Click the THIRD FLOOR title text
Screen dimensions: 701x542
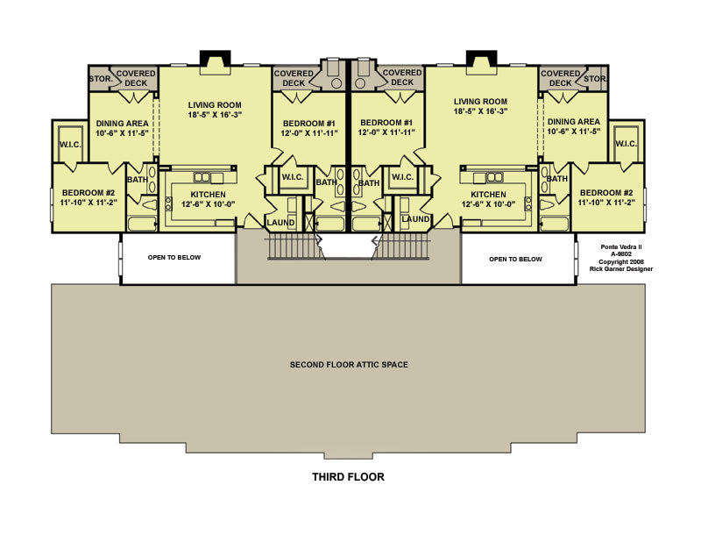(x=348, y=476)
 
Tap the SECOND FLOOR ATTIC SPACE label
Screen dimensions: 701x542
(x=349, y=365)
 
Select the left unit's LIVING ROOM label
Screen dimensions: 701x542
(x=215, y=105)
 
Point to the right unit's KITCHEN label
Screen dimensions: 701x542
(x=488, y=195)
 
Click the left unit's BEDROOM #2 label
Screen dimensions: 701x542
(x=89, y=193)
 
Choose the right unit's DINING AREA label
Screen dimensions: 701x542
(x=574, y=122)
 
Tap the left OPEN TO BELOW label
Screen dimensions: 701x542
(x=174, y=257)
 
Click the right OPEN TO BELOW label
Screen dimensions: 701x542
(x=515, y=259)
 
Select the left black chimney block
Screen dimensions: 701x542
(x=215, y=58)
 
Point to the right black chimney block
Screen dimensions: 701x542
(x=481, y=58)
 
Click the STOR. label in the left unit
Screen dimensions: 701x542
(x=101, y=79)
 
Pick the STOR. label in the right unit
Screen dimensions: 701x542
(x=595, y=79)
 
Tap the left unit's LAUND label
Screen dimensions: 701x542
(x=280, y=223)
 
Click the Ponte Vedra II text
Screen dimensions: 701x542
(x=621, y=247)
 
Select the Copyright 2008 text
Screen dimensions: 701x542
(x=621, y=262)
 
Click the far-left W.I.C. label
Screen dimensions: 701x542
(x=70, y=145)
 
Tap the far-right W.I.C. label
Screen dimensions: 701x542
(x=626, y=144)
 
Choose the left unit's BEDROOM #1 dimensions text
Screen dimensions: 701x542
(x=309, y=133)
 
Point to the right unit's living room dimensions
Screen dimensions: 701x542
(x=480, y=111)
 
